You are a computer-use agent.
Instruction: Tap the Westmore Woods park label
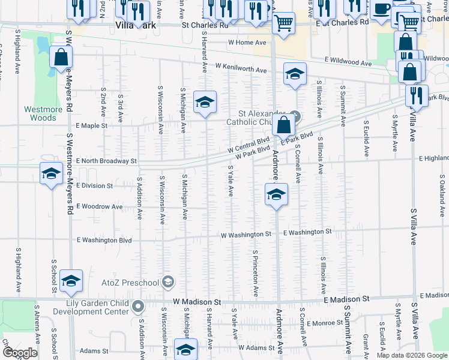point(40,113)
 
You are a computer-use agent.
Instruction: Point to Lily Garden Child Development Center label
point(89,307)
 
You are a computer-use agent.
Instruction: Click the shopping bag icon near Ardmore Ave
point(284,125)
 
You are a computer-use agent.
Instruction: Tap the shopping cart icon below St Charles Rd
point(283,23)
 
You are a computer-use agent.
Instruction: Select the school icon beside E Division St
point(51,174)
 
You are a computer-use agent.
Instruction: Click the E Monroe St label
point(324,323)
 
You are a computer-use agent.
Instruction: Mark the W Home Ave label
point(247,43)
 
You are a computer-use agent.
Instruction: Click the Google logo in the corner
point(20,353)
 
